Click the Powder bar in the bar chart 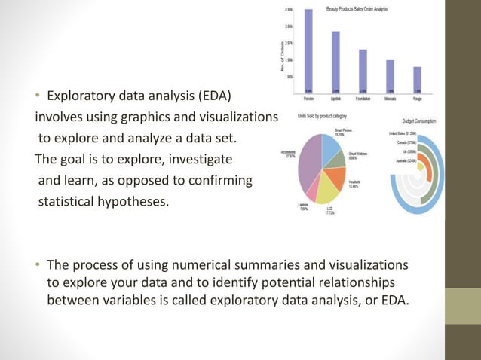pos(308,50)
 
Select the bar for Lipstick pos(335,61)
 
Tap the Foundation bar pos(363,70)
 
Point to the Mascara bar pos(390,75)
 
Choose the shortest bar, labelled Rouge pos(417,78)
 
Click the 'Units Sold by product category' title pos(322,117)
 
